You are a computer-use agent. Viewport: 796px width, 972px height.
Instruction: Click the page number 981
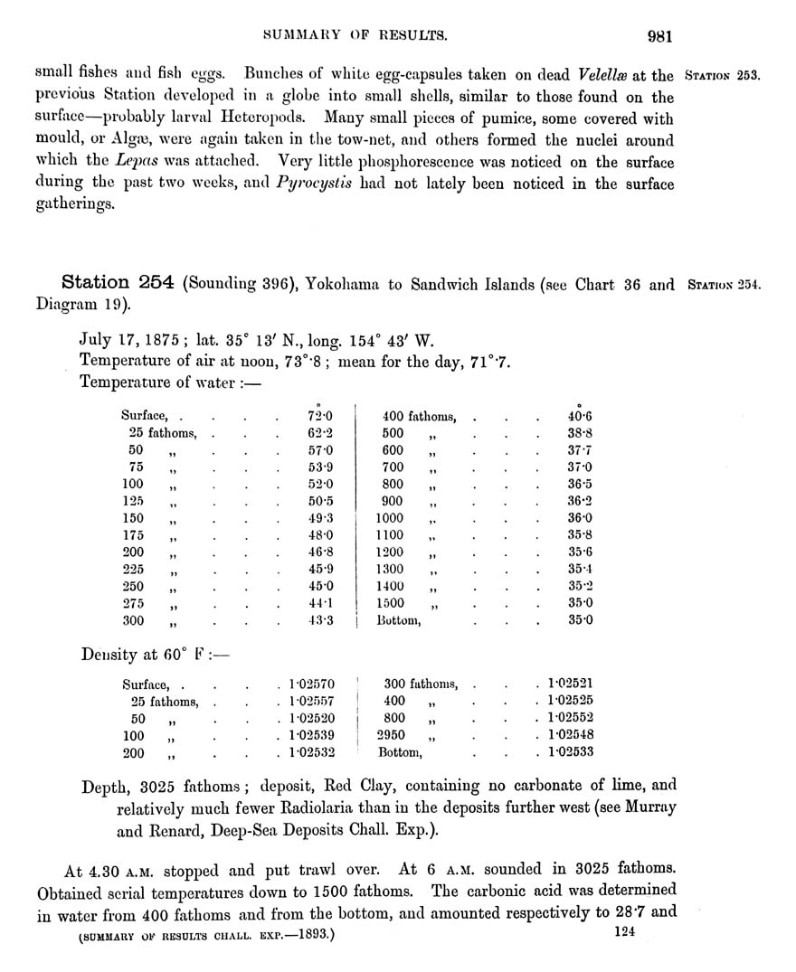pos(659,37)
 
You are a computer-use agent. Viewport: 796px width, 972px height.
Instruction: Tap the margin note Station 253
pos(723,75)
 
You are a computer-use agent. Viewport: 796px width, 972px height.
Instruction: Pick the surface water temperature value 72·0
pos(321,417)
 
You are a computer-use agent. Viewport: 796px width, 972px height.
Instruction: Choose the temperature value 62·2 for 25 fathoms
pos(321,433)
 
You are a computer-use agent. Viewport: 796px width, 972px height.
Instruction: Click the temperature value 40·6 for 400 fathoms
pos(580,417)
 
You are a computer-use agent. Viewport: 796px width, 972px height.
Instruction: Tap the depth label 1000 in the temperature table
pos(392,518)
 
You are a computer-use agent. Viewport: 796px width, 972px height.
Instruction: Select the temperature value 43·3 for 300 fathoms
pos(321,620)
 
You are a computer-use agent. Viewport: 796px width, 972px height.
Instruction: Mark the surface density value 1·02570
pos(311,684)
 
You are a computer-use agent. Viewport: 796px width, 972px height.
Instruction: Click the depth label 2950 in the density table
pos(392,735)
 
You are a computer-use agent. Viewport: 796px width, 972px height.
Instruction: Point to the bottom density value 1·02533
pos(570,752)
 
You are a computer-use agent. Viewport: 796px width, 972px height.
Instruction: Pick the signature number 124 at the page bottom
pos(625,932)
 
